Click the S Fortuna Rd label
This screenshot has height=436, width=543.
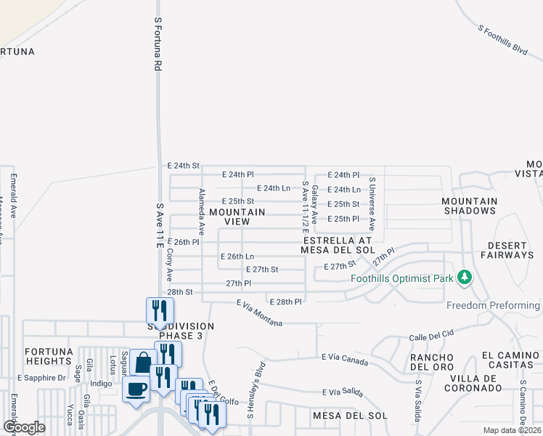coord(157,45)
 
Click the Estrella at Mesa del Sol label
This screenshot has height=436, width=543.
coord(337,245)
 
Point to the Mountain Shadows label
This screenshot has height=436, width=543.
coord(470,206)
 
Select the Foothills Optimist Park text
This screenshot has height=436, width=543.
coord(401,278)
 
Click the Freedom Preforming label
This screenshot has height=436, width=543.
coord(493,305)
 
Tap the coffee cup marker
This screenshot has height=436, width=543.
coord(136,389)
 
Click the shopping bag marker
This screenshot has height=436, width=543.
coord(144,361)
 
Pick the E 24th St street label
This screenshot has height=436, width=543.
coord(183,166)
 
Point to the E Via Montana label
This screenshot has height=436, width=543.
coord(259,312)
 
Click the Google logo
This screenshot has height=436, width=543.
coord(25,427)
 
